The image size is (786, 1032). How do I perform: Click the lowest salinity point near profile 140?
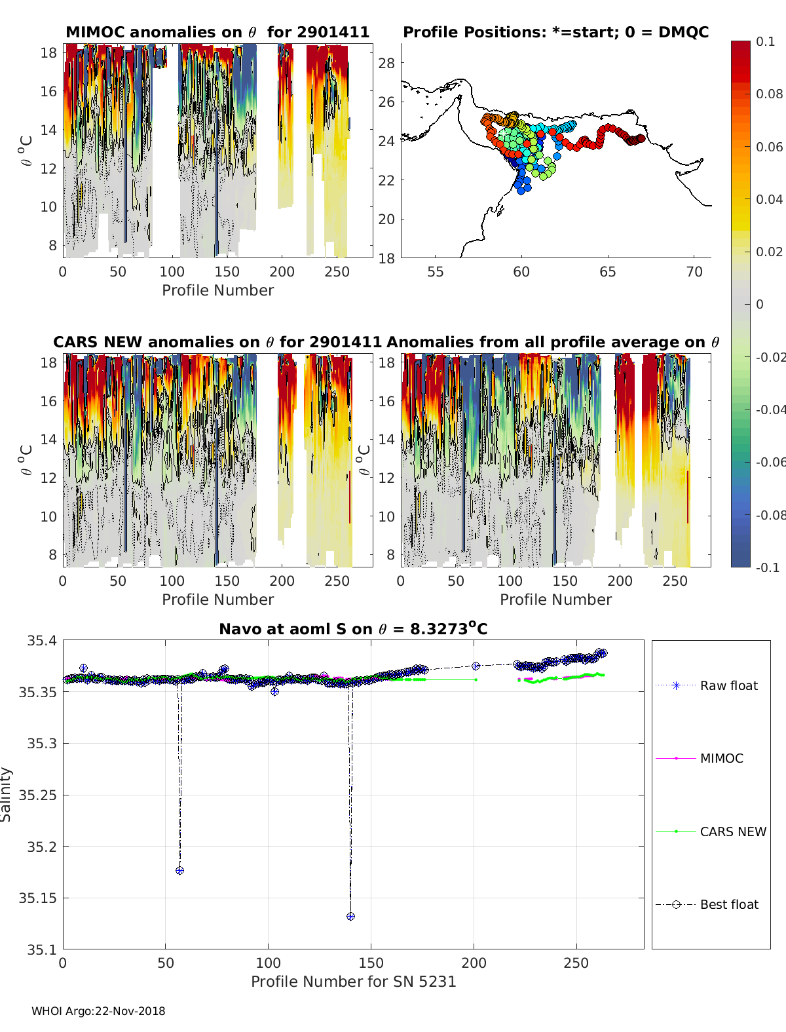(350, 916)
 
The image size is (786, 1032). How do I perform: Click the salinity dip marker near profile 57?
(179, 870)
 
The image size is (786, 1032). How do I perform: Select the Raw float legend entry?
(728, 685)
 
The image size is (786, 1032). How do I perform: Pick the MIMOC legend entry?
(721, 758)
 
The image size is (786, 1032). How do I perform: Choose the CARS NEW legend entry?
(732, 831)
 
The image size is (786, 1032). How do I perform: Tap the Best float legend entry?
(728, 904)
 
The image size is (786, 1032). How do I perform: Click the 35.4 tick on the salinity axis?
(41, 641)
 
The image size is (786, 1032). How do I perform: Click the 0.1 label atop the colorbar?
(765, 41)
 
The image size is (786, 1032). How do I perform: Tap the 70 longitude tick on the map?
(694, 272)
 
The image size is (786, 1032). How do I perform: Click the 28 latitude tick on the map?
(387, 63)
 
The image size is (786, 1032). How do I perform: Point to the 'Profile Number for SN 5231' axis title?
(353, 982)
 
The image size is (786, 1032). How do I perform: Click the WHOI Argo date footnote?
(98, 1011)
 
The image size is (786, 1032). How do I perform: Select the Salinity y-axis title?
(7, 794)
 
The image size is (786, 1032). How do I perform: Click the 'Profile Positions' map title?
(555, 32)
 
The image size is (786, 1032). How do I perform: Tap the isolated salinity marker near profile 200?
(476, 666)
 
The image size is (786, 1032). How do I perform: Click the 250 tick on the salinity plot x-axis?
(576, 963)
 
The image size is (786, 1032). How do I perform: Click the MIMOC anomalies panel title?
(217, 32)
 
